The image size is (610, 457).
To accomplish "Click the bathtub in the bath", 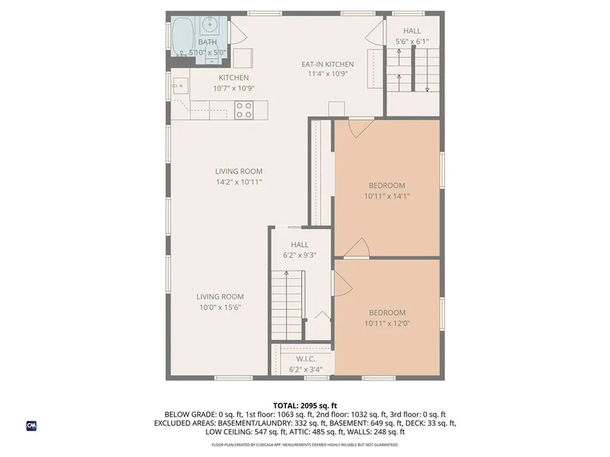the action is [183, 37].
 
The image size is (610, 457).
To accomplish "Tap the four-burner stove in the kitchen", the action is [244, 109].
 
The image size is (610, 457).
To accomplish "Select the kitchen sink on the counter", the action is [180, 86].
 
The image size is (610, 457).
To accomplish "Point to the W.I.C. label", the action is [306, 359].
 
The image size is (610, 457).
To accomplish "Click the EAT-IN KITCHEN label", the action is [328, 64].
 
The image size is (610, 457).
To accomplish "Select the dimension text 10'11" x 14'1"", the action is [387, 196].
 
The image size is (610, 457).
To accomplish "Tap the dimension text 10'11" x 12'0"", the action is [387, 323].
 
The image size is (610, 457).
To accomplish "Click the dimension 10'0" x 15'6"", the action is [220, 308].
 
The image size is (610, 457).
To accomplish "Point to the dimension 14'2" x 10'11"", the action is [239, 182].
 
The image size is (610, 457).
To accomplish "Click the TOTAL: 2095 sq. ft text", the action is [305, 406].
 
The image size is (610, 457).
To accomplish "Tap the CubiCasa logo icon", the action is [32, 426].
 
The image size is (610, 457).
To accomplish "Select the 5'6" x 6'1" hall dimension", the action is [412, 41].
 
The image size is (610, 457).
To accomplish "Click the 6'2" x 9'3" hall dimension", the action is [300, 255].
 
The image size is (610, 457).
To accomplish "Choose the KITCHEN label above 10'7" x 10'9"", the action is [234, 78].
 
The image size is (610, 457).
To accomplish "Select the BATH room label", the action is [207, 42].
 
